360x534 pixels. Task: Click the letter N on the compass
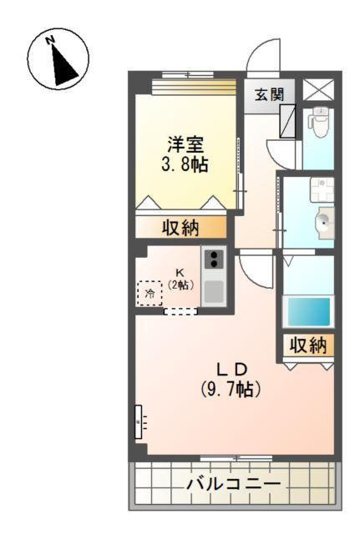point(50,40)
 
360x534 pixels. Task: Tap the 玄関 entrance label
point(269,94)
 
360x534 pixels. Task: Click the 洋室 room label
point(185,144)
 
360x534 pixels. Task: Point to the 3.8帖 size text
point(185,164)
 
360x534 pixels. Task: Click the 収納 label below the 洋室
point(180,227)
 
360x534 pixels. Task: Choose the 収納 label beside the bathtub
point(308,345)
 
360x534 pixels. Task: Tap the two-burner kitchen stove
point(214,259)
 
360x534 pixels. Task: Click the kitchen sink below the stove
point(214,291)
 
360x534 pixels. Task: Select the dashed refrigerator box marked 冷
point(150,293)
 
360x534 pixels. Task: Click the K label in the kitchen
point(180,272)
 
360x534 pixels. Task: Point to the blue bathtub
point(308,311)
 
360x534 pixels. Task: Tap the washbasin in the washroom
point(323,223)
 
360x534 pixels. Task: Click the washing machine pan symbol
point(322,189)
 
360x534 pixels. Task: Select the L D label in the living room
point(231,370)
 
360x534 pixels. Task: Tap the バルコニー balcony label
point(234,484)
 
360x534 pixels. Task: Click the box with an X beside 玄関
point(318,89)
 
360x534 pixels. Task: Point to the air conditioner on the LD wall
point(139,421)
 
